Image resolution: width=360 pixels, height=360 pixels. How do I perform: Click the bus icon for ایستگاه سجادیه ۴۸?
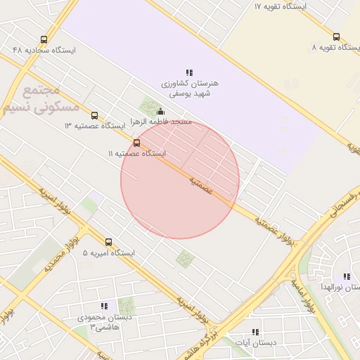click(x=44, y=40)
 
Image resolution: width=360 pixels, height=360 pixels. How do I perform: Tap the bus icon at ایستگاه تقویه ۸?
click(x=336, y=37)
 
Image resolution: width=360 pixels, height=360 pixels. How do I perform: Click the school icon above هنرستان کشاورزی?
click(x=189, y=72)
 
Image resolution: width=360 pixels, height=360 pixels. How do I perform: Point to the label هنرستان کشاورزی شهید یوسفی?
click(x=190, y=87)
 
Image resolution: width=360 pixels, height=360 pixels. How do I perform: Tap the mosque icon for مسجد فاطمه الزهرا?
click(x=160, y=111)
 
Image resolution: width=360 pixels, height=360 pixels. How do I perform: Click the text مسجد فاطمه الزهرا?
click(x=164, y=122)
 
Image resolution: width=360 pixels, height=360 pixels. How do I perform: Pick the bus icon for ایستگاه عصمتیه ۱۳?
click(x=94, y=115)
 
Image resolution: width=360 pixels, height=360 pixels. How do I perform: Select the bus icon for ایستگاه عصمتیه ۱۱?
click(x=136, y=143)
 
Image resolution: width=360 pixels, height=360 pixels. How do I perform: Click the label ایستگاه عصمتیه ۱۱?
click(x=136, y=153)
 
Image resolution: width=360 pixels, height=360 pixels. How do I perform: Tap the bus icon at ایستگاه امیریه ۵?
click(x=108, y=242)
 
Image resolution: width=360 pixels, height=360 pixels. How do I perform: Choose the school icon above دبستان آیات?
click(x=255, y=332)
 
